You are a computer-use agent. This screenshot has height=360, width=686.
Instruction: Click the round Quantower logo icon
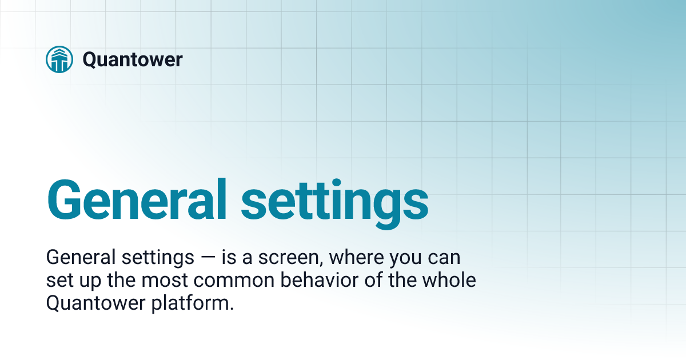point(59,59)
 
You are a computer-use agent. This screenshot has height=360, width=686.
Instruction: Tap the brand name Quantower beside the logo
point(132,59)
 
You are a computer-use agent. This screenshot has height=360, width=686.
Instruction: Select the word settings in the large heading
point(334,200)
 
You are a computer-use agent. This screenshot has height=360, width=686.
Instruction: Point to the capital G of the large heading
point(67,200)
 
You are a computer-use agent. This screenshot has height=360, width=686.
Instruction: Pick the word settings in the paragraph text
point(158,258)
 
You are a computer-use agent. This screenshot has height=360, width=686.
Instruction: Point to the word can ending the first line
point(442,258)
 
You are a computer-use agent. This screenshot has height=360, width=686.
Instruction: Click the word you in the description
point(405,258)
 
